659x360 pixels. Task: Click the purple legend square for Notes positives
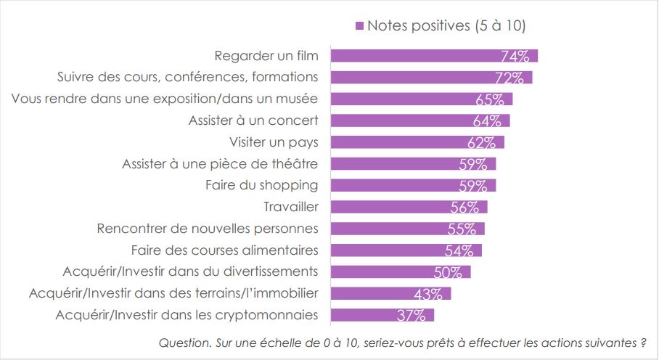click(x=359, y=26)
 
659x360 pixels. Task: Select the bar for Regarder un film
click(x=434, y=56)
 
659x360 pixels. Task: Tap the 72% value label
click(x=509, y=78)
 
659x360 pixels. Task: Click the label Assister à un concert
click(x=253, y=120)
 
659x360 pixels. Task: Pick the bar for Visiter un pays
click(x=417, y=142)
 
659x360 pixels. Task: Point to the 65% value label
click(x=490, y=99)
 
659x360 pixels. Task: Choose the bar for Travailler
click(x=409, y=207)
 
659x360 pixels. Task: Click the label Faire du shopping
click(x=261, y=185)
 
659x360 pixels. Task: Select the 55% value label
click(x=462, y=229)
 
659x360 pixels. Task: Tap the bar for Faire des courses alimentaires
click(x=406, y=250)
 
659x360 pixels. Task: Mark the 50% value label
click(x=448, y=273)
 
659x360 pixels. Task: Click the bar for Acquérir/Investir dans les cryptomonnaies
click(x=382, y=315)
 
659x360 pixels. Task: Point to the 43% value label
click(x=428, y=294)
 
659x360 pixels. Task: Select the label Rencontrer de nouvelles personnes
click(x=208, y=229)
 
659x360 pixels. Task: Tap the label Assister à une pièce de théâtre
click(x=220, y=164)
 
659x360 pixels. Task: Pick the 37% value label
click(x=412, y=316)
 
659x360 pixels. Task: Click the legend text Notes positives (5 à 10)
click(x=446, y=25)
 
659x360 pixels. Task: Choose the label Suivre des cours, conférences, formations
click(x=187, y=77)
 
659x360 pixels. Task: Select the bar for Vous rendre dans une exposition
click(x=422, y=99)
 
